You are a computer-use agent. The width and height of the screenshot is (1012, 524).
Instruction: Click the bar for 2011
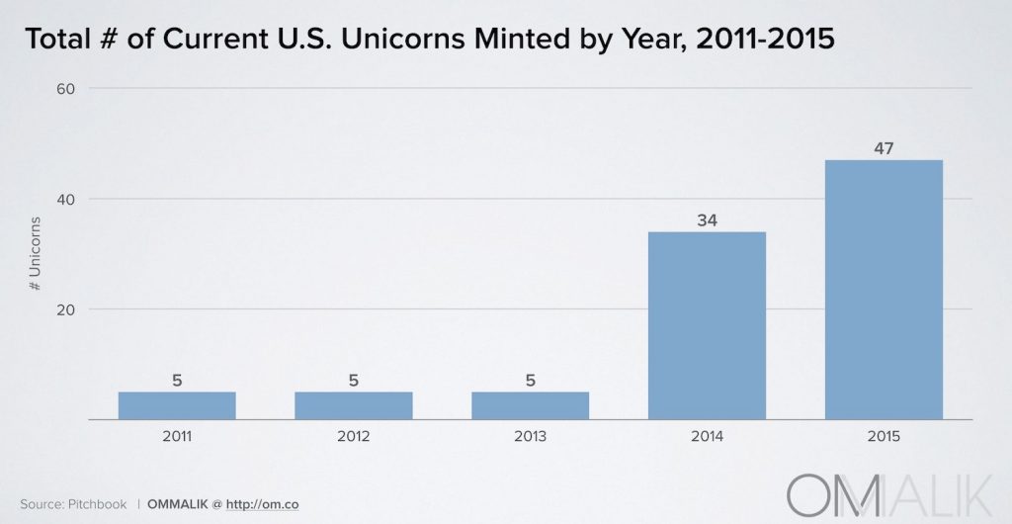click(177, 405)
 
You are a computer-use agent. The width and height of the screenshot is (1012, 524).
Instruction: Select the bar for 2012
click(354, 405)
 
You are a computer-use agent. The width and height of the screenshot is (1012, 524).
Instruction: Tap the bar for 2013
click(530, 405)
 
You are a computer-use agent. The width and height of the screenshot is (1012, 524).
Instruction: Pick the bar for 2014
click(707, 325)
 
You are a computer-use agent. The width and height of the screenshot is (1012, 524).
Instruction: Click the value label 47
click(884, 147)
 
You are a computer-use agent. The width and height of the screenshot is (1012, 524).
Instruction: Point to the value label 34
click(707, 219)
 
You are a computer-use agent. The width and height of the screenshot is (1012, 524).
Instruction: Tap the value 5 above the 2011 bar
click(177, 380)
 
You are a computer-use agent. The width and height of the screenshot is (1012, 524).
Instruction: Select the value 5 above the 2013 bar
click(530, 380)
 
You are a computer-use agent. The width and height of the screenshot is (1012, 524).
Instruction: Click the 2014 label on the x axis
click(707, 436)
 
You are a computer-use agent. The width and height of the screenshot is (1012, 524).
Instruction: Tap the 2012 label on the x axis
click(354, 436)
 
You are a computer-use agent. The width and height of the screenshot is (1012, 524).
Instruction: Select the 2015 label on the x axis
click(884, 436)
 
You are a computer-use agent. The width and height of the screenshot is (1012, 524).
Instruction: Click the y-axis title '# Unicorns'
click(35, 253)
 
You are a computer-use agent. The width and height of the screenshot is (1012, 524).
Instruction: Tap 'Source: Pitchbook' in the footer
click(73, 504)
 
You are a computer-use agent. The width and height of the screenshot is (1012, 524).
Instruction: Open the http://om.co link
click(262, 504)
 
